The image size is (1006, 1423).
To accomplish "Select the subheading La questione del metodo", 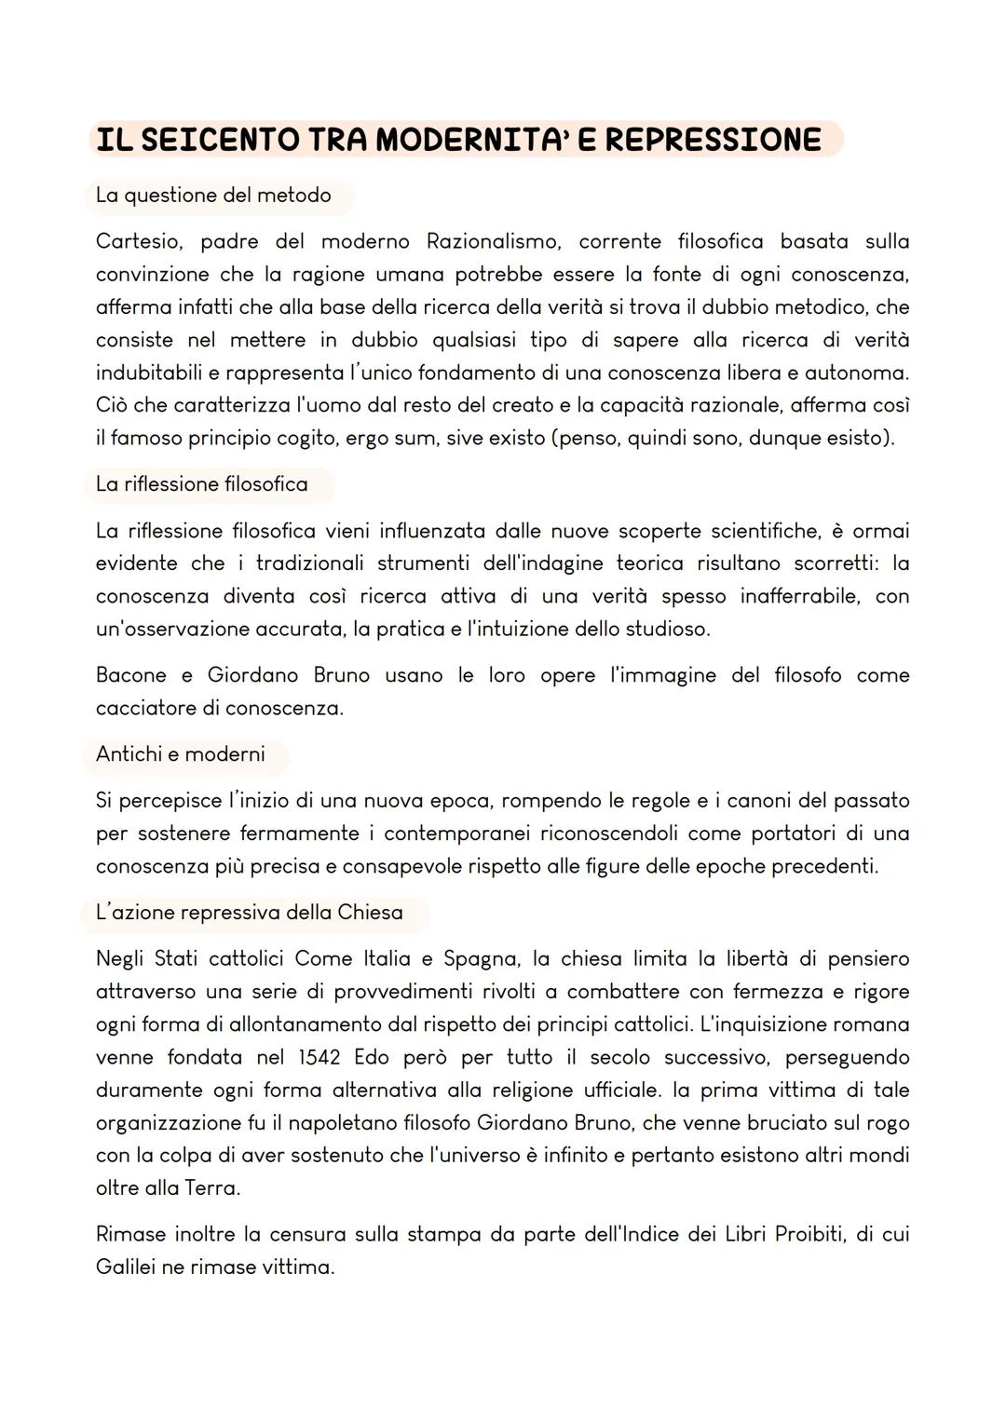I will pyautogui.click(x=213, y=196).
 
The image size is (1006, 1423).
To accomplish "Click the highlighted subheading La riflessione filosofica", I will pyautogui.click(x=201, y=484).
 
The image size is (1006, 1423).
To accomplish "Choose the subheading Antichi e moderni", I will pyautogui.click(x=180, y=754).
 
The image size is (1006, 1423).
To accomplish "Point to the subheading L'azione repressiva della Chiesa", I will pyautogui.click(x=249, y=913).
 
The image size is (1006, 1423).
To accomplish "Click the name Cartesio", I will pyautogui.click(x=138, y=242).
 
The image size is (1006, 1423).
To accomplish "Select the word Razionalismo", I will pyautogui.click(x=493, y=242).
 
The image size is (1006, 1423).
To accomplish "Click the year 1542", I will pyautogui.click(x=319, y=1058).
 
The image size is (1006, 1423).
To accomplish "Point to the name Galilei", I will pyautogui.click(x=124, y=1267).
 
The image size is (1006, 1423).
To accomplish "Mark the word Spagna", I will pyautogui.click(x=481, y=959).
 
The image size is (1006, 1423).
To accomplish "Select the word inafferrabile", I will pyautogui.click(x=798, y=596).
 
